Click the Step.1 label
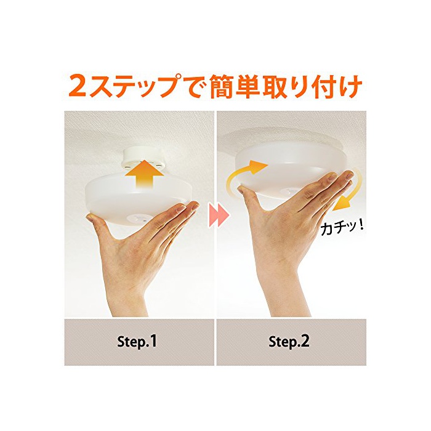(x=137, y=341)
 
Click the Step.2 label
(x=289, y=341)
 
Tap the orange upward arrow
(x=142, y=175)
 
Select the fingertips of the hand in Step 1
(x=190, y=207)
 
